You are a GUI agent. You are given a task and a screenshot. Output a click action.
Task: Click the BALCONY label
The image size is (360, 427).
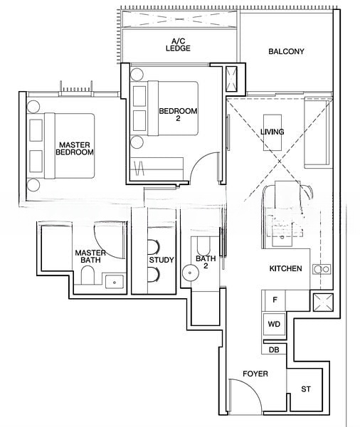click(x=286, y=51)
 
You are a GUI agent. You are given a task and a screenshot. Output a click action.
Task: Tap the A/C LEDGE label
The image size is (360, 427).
click(x=178, y=46)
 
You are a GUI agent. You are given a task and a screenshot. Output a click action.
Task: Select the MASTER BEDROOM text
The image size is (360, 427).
click(x=75, y=148)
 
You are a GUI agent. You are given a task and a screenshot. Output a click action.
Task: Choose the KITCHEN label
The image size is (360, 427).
click(x=286, y=268)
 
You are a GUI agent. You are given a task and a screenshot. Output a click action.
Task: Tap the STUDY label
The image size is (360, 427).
click(x=161, y=260)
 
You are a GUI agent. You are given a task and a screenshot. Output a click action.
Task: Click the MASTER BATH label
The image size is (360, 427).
click(x=91, y=257)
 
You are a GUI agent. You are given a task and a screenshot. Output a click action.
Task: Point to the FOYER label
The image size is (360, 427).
click(x=255, y=373)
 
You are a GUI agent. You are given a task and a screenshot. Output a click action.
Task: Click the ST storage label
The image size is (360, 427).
click(x=306, y=389)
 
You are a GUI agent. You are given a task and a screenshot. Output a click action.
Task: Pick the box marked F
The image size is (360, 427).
click(x=275, y=300)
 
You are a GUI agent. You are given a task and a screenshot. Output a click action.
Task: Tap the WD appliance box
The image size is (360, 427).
click(x=274, y=324)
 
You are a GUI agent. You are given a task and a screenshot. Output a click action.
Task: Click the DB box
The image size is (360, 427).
click(x=274, y=349)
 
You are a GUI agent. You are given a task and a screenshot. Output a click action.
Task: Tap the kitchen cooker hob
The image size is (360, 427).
click(x=321, y=269)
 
